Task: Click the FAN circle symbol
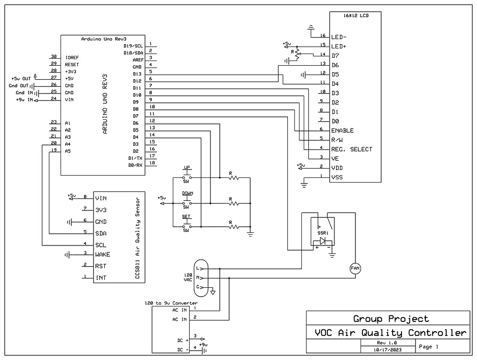click(x=355, y=268)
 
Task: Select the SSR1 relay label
click(x=323, y=232)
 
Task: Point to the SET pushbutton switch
click(x=186, y=227)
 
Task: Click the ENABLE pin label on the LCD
click(x=342, y=130)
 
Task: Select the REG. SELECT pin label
click(x=352, y=149)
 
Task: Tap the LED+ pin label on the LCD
click(x=339, y=46)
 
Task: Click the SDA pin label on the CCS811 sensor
click(x=101, y=233)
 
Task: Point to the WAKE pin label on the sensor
click(x=102, y=255)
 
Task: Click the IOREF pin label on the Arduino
click(x=71, y=57)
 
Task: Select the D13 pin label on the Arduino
click(x=137, y=74)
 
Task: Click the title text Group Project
click(x=391, y=319)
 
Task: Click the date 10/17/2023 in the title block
click(x=388, y=349)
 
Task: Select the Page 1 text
click(x=429, y=346)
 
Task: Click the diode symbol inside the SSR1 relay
click(x=322, y=241)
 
